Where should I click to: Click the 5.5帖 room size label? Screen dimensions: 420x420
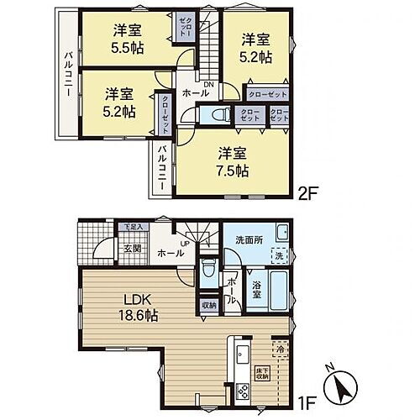(128, 48)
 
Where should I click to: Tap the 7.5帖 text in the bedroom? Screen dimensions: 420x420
(233, 170)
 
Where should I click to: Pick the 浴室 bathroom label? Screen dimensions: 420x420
(259, 290)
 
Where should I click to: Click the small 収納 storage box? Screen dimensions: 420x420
(208, 305)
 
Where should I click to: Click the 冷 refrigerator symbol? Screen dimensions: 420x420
(280, 346)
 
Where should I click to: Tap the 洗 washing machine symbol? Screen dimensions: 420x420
(279, 254)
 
